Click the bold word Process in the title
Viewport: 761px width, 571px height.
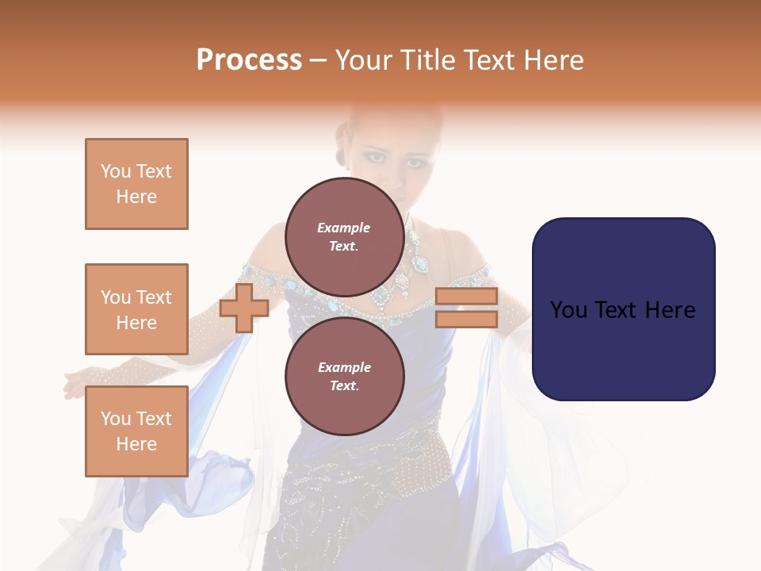coord(249,60)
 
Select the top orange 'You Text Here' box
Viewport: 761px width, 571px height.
coord(136,184)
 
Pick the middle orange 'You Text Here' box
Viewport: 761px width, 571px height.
coord(136,309)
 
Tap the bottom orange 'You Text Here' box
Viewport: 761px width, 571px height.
coord(136,431)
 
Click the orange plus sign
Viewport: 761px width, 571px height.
coord(244,308)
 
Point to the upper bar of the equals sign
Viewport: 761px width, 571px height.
coord(466,297)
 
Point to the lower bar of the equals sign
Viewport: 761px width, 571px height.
coord(466,320)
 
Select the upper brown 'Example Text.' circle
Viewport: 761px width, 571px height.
coord(344,237)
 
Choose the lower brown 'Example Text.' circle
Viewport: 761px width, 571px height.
coord(344,377)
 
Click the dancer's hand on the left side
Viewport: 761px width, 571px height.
coord(74,386)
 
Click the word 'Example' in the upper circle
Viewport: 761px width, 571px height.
coord(344,228)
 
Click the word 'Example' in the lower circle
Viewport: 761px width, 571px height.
coord(344,367)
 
